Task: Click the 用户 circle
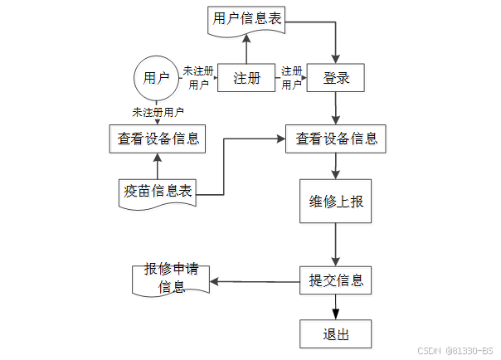(156, 78)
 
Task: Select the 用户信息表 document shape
(246, 20)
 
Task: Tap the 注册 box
(246, 78)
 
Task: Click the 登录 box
(335, 78)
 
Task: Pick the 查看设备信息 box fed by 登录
(336, 139)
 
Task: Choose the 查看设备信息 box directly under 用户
(156, 139)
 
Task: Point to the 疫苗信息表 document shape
(156, 192)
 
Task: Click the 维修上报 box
(336, 201)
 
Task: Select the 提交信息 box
(336, 280)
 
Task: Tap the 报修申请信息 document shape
(171, 280)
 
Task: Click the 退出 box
(336, 334)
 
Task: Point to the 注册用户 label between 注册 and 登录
(291, 77)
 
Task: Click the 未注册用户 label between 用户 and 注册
(198, 77)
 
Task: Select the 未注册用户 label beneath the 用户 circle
(157, 111)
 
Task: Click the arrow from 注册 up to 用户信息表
(246, 49)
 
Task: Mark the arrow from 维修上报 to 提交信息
(336, 245)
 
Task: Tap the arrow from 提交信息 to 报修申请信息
(254, 281)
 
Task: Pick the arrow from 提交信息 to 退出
(336, 306)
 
